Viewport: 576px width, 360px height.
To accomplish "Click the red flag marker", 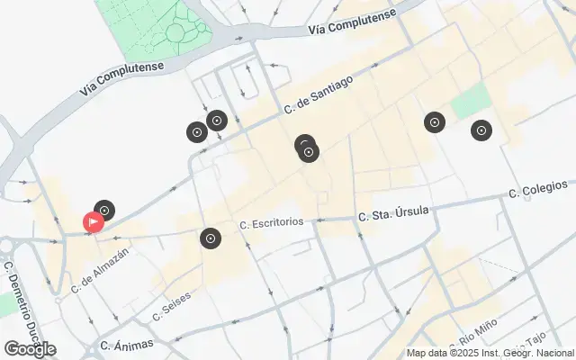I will pos(93,221).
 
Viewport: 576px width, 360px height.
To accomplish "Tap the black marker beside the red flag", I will pos(104,211).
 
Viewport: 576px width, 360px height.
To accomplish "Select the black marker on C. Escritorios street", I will pos(210,238).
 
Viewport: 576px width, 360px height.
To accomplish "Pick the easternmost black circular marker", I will pos(481,130).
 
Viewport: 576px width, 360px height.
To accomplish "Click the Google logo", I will pos(30,349).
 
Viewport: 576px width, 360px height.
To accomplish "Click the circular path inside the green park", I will pos(176,34).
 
